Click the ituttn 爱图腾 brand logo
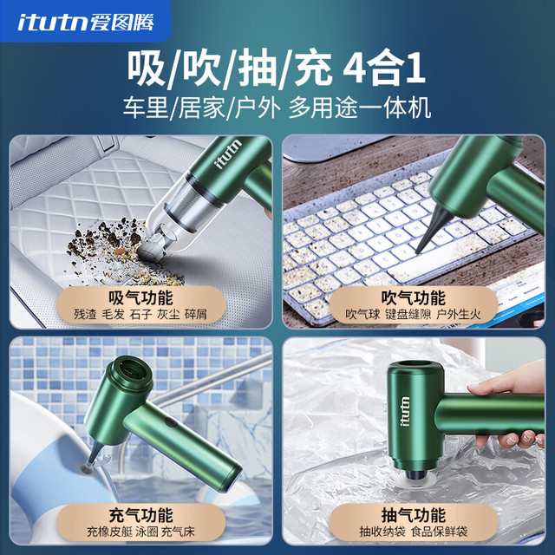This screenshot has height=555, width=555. point(86,23)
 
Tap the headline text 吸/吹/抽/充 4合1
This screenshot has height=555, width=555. point(277,69)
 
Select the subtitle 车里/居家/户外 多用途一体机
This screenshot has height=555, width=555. point(277,108)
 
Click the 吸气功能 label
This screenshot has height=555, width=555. point(140,297)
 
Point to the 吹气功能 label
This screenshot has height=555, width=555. point(414,297)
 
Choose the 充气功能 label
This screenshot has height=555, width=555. point(140,515)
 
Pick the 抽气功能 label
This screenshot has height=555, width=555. point(414,515)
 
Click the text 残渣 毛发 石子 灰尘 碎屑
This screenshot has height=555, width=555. point(140,314)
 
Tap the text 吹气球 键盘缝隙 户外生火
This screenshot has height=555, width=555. point(414,314)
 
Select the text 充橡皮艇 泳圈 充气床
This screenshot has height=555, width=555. point(140,532)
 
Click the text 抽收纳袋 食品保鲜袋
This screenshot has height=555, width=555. point(414,532)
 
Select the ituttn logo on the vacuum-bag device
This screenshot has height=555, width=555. point(406,411)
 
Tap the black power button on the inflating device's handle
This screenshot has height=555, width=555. point(171,423)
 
